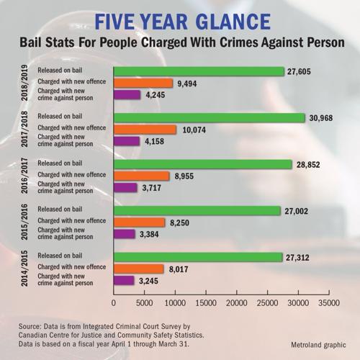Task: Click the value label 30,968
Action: click(323, 117)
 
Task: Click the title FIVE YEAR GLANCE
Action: click(180, 19)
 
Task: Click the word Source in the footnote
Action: click(34, 325)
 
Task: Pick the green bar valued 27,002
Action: click(197, 210)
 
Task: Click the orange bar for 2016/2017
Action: click(141, 176)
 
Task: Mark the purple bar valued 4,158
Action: click(127, 140)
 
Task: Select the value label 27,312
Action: click(302, 257)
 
